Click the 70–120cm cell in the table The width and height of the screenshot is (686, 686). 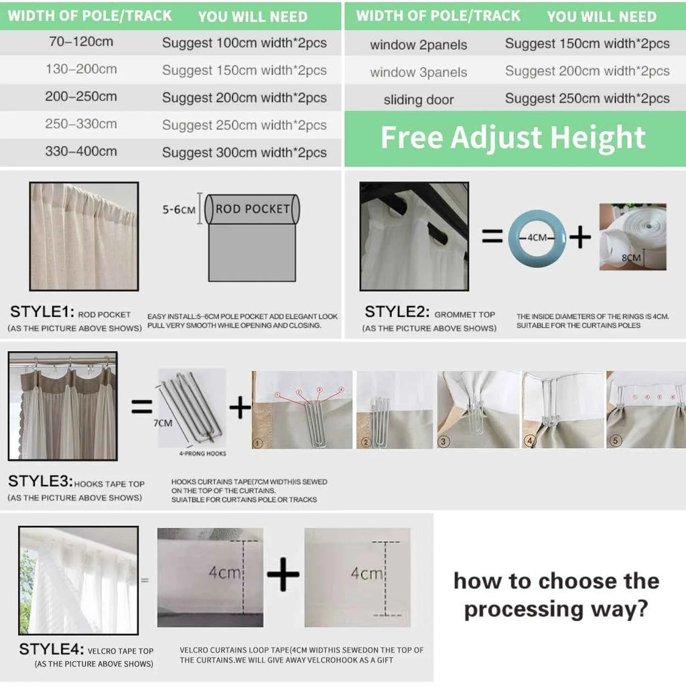pyautogui.click(x=81, y=42)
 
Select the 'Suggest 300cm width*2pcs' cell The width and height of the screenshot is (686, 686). pyautogui.click(x=244, y=152)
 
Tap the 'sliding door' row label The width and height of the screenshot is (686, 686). pyautogui.click(x=419, y=100)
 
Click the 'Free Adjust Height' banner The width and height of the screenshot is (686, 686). pyautogui.click(x=513, y=138)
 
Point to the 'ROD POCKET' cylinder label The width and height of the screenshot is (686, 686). pyautogui.click(x=253, y=209)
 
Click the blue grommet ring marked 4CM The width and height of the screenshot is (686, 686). pyautogui.click(x=537, y=237)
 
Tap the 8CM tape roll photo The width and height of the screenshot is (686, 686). pyautogui.click(x=632, y=237)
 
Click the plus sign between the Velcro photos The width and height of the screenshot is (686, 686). pyautogui.click(x=283, y=575)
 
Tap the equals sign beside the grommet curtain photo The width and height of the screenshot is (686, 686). pyautogui.click(x=492, y=236)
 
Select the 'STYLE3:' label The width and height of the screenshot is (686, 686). pyautogui.click(x=40, y=482)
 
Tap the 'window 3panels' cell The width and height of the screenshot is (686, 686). pyautogui.click(x=419, y=72)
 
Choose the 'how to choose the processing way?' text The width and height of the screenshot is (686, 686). pyautogui.click(x=556, y=594)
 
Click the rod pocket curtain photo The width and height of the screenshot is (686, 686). pyautogui.click(x=84, y=236)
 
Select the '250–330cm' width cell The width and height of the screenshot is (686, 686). pyautogui.click(x=81, y=124)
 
